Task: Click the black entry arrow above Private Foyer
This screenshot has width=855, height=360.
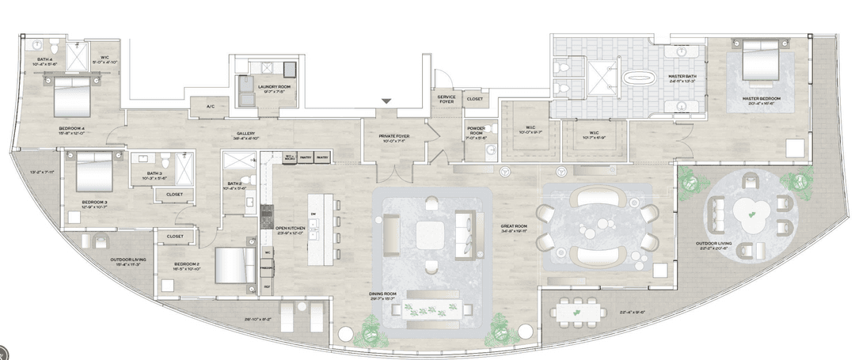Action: click(386, 101)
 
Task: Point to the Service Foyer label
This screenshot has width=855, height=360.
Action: click(446, 99)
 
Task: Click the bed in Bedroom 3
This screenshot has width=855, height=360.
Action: click(93, 172)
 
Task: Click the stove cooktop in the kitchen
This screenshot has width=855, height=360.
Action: click(267, 212)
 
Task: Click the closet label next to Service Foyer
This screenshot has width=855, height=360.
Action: click(474, 99)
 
